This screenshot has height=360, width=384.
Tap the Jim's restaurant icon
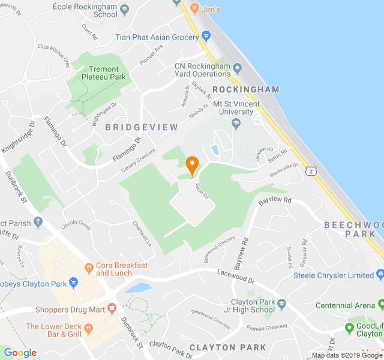click(x=194, y=8)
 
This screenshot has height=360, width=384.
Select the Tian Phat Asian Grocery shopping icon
click(x=206, y=37)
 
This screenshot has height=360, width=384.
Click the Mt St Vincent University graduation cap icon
click(x=235, y=124)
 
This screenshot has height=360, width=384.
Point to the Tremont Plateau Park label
click(x=107, y=73)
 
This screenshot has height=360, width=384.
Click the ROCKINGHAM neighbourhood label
click(x=246, y=89)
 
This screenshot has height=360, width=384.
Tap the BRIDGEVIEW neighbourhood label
click(x=142, y=127)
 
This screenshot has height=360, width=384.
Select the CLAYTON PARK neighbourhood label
click(x=227, y=347)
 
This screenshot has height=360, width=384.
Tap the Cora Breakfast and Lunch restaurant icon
click(x=88, y=267)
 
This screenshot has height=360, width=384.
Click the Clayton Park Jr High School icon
click(x=282, y=302)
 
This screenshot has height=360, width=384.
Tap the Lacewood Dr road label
click(x=235, y=276)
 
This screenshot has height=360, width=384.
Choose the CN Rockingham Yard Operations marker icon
click(x=237, y=67)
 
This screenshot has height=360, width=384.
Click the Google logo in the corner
click(x=20, y=353)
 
